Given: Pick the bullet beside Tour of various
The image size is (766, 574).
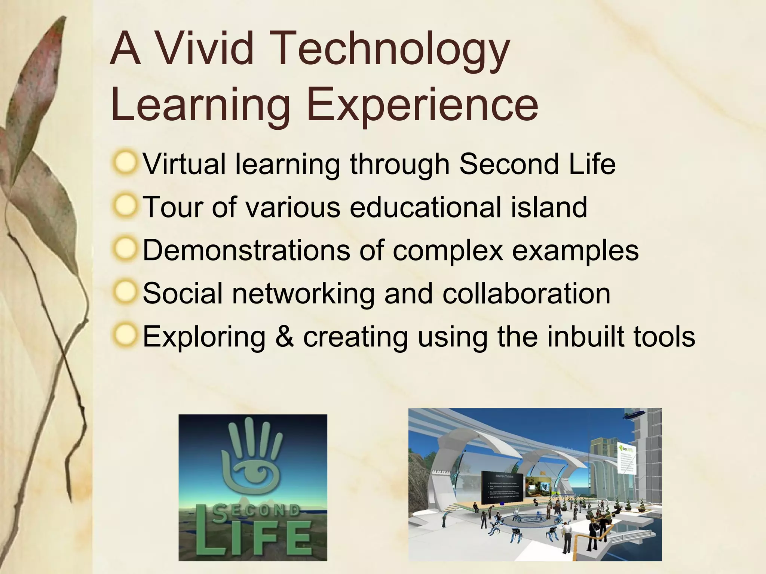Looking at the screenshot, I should pos(125,206).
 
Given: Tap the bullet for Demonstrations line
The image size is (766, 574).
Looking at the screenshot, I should pos(125,249).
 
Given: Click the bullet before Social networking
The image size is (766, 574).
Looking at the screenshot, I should pos(125,292).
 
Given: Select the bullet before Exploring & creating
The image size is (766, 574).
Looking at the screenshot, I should pos(125,335).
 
